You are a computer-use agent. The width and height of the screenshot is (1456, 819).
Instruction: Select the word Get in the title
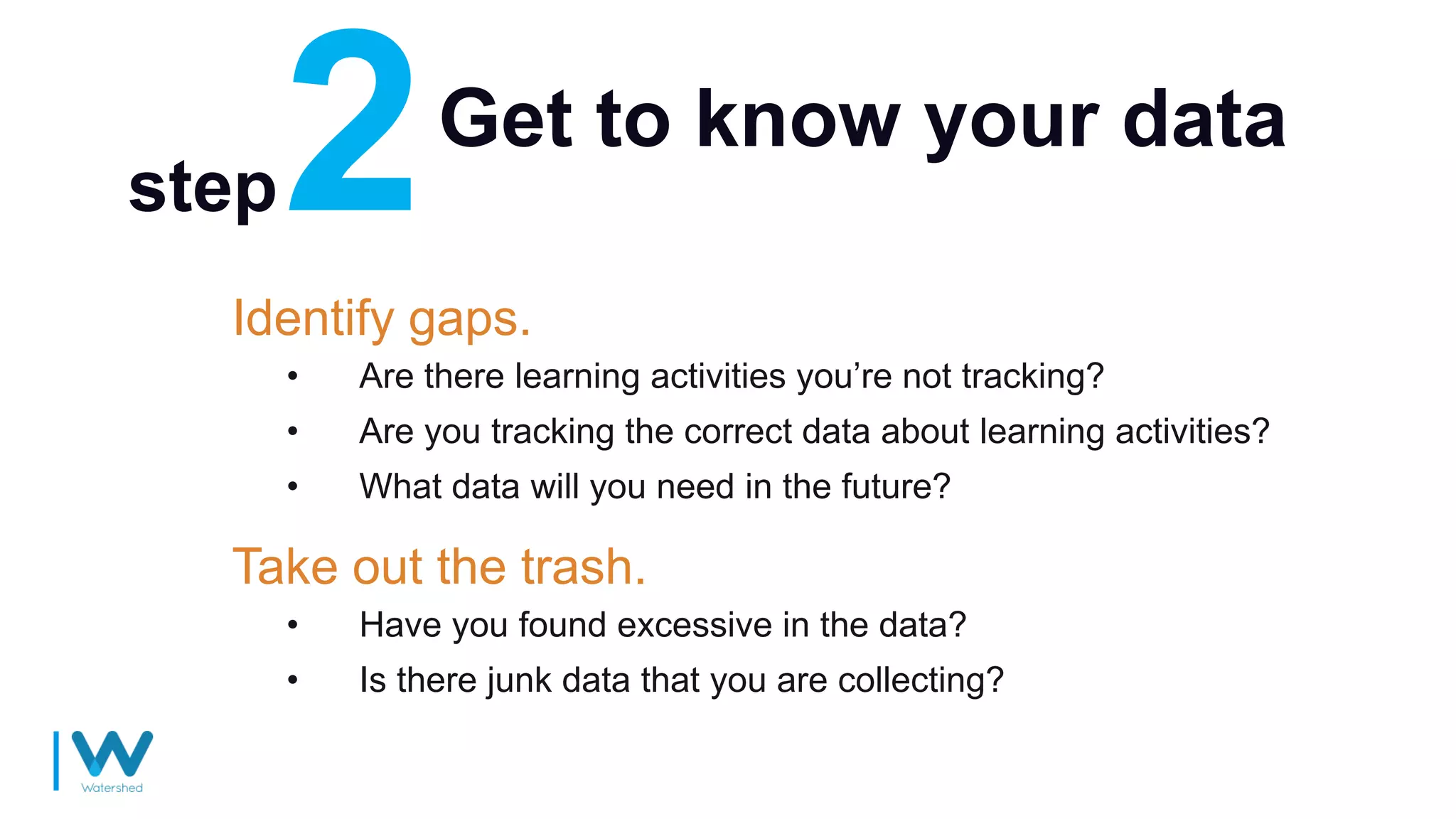pyautogui.click(x=505, y=119)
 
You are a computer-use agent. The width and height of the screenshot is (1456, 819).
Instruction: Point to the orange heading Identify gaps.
pyautogui.click(x=382, y=318)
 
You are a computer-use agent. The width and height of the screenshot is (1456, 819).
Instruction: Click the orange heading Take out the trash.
pyautogui.click(x=439, y=567)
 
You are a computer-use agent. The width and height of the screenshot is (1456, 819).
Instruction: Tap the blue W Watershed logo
pyautogui.click(x=112, y=754)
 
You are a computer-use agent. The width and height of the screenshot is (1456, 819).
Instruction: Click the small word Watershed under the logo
pyautogui.click(x=112, y=788)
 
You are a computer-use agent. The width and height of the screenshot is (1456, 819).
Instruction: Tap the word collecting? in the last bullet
pyautogui.click(x=921, y=680)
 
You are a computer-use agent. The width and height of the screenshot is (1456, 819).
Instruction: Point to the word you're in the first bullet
pyautogui.click(x=845, y=376)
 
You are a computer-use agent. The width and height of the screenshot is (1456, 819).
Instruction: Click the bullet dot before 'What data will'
pyautogui.click(x=292, y=487)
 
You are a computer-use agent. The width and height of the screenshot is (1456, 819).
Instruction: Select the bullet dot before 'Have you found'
pyautogui.click(x=292, y=626)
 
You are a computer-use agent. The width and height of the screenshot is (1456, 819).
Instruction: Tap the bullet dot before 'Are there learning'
pyautogui.click(x=292, y=376)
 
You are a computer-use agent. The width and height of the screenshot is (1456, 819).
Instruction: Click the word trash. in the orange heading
pyautogui.click(x=584, y=567)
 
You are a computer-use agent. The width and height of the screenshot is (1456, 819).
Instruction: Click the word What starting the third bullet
pyautogui.click(x=400, y=487)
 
